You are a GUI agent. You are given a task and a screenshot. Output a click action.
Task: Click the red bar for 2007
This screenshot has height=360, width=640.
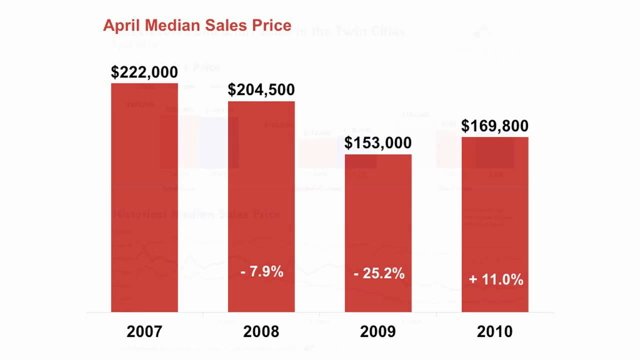click(144, 197)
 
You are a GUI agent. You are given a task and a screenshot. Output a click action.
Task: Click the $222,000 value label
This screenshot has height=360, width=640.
click(144, 72)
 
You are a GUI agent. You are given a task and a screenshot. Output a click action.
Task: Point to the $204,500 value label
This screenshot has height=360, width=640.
click(261, 90)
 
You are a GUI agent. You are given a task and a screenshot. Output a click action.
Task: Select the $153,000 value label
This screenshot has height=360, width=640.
click(378, 143)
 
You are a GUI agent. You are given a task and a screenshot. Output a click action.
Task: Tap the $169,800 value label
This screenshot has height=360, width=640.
click(495, 126)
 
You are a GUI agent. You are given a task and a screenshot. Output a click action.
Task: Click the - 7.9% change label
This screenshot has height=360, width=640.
click(261, 272)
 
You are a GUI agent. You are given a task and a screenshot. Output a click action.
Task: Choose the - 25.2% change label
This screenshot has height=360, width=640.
click(378, 273)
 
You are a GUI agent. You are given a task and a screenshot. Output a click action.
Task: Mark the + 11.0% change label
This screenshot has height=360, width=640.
click(496, 279)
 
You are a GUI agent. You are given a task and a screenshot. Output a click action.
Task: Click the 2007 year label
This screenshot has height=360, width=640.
click(144, 331)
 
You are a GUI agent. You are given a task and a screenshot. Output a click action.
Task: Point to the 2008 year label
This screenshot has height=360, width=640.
click(261, 331)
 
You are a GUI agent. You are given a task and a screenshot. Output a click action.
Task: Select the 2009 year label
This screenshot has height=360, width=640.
click(378, 331)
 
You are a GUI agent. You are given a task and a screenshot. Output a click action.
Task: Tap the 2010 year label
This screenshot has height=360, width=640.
click(495, 331)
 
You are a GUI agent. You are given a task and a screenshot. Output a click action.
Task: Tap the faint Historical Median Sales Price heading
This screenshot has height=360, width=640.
click(196, 214)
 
